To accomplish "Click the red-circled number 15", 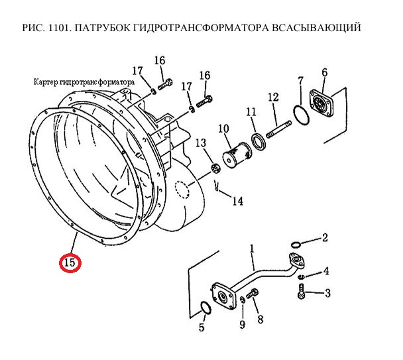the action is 70,263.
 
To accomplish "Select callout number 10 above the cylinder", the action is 223,129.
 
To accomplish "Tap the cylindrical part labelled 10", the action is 237,154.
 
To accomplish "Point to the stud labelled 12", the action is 279,129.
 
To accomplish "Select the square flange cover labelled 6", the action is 321,103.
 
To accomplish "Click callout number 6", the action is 325,73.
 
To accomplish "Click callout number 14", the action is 238,201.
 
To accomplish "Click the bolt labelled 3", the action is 301,291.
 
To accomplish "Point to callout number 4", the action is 326,271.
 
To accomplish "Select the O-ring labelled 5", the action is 205,308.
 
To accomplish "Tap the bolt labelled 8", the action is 253,294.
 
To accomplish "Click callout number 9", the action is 242,324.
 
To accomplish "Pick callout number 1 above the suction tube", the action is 252,249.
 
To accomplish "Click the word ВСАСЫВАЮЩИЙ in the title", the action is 316,28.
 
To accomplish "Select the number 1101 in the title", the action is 58,28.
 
